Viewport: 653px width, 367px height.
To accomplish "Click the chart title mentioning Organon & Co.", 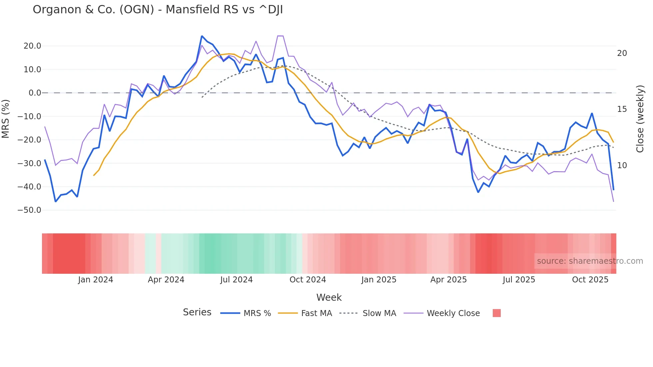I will [x=158, y=10].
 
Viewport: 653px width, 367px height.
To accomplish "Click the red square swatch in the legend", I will [x=496, y=313].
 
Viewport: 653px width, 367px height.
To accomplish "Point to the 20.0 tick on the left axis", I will [x=32, y=46].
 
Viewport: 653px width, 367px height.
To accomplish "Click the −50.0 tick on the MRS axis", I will [x=29, y=210].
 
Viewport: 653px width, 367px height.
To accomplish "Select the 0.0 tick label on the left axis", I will [x=35, y=93].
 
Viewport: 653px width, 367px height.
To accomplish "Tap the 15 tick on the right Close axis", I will [x=622, y=109].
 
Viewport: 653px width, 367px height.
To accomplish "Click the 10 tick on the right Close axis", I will [x=622, y=166].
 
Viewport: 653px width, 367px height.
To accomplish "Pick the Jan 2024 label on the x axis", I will [x=96, y=280].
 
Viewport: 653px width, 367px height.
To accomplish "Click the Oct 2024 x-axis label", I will [x=308, y=280].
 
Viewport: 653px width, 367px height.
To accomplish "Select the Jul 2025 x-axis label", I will [x=519, y=280].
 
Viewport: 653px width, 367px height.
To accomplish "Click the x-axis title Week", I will [x=329, y=297].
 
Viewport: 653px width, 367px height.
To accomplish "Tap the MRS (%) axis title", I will [x=6, y=119].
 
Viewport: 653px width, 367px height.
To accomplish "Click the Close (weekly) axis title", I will [x=640, y=119].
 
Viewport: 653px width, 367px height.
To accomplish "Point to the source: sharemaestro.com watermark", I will [x=590, y=261].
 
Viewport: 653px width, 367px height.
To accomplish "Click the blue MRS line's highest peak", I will [x=202, y=36].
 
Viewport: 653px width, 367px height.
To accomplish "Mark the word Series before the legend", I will [x=197, y=312].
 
